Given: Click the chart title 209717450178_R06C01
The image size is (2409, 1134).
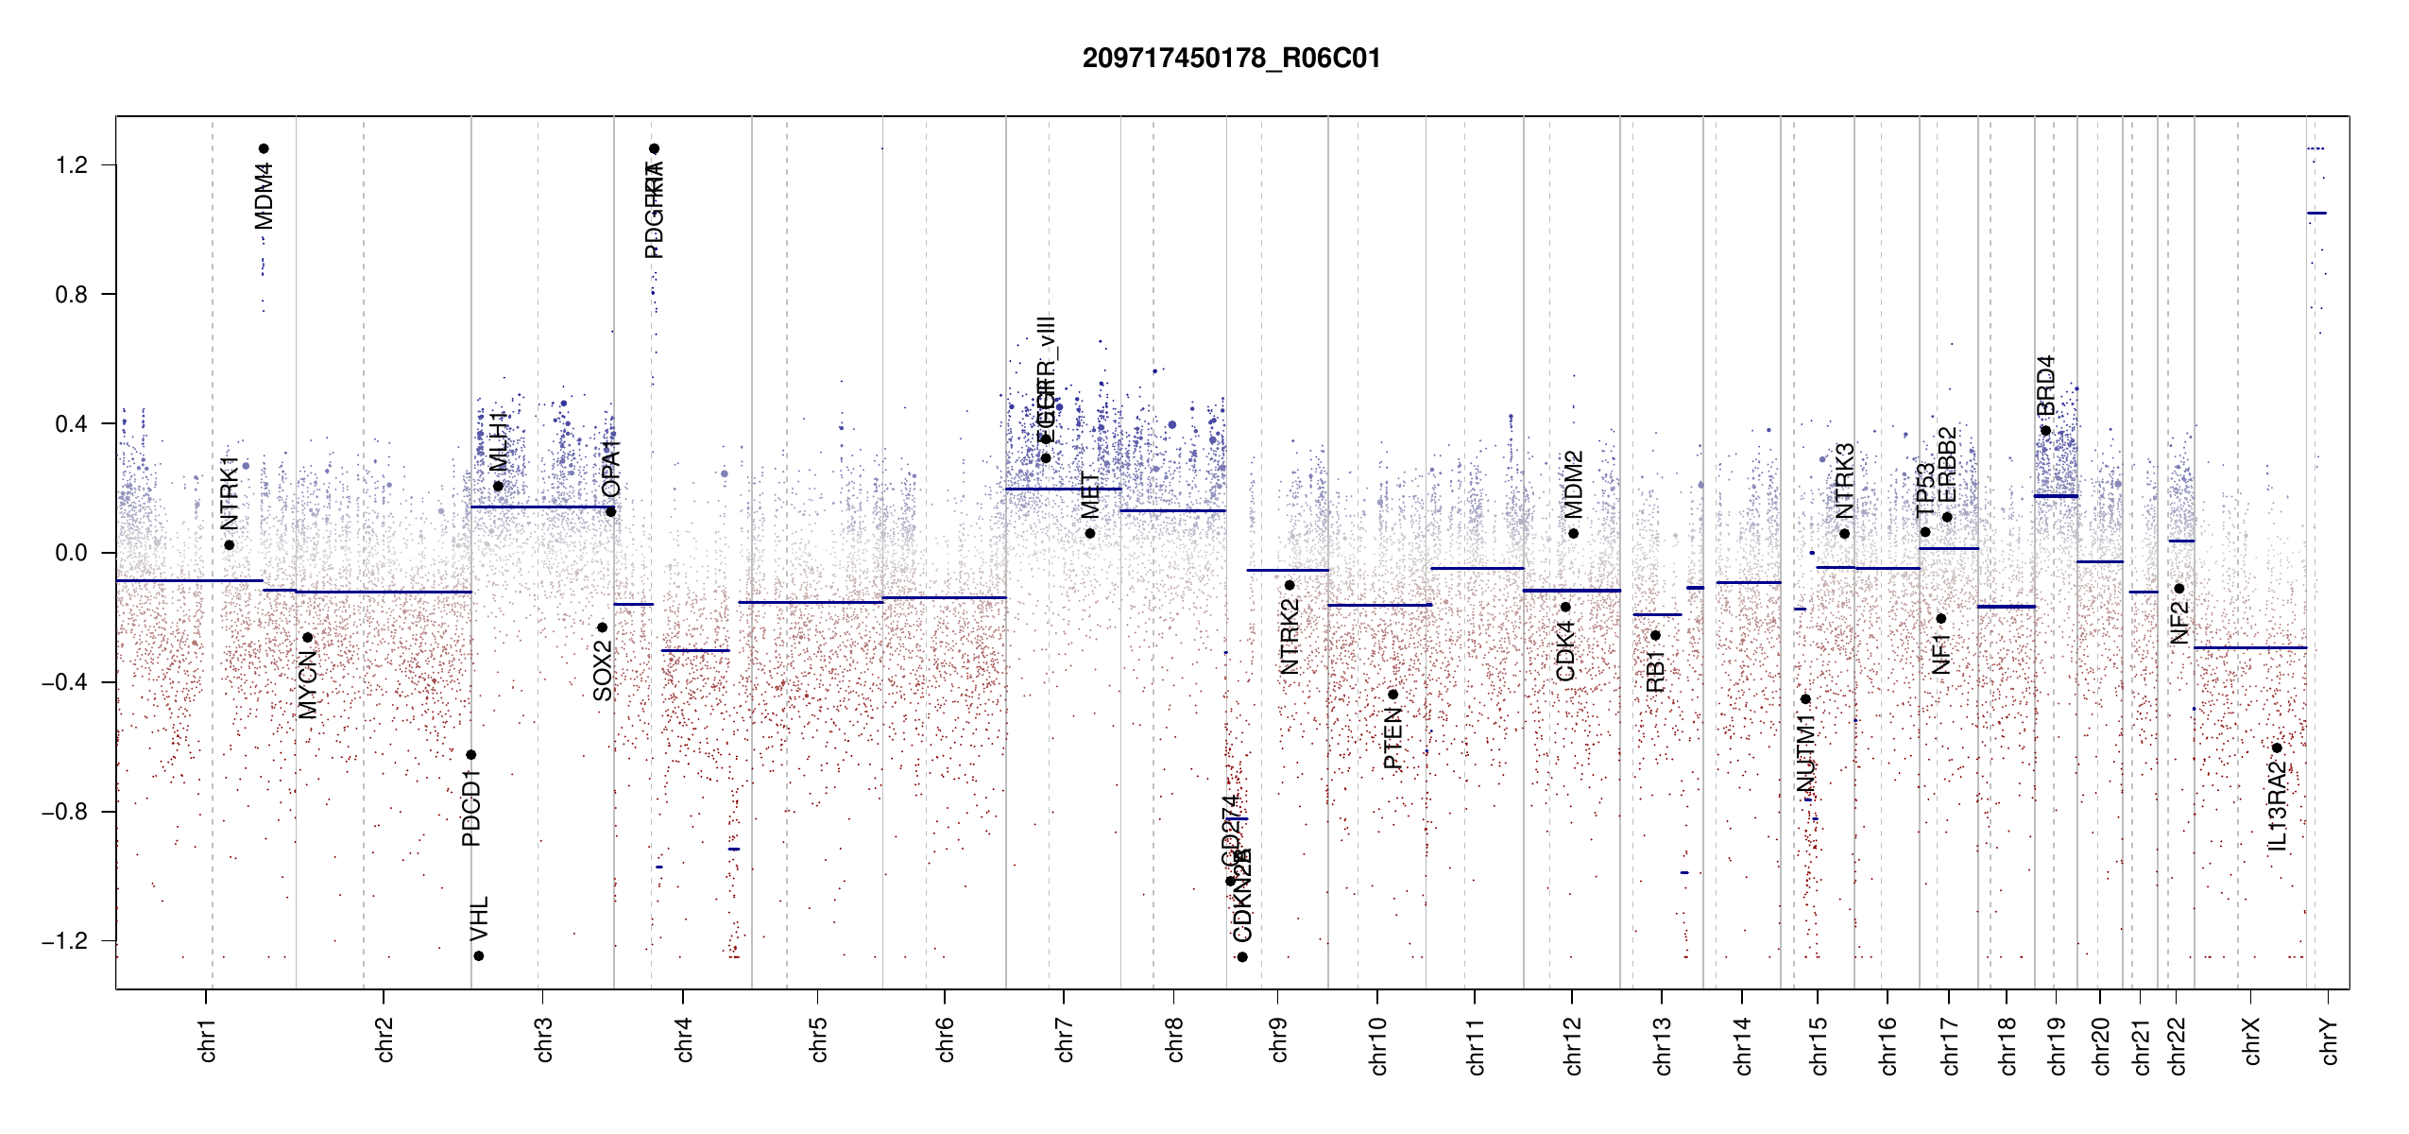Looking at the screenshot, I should pos(1231,59).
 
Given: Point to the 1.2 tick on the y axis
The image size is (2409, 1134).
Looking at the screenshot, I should pos(71,165).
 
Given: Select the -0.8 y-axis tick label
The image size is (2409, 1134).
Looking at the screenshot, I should pos(64,812).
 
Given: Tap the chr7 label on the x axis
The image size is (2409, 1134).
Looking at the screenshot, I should pos(1065,1039).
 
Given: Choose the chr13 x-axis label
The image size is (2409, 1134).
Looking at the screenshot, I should pos(1663,1045).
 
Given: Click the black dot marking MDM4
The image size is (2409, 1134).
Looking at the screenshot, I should pos(264,148).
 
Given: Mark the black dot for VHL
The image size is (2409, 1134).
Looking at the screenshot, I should pos(479,956).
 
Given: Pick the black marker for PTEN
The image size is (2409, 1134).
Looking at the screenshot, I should pos(1392,695).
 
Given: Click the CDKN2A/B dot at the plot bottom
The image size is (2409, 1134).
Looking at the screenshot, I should pos(1242,957).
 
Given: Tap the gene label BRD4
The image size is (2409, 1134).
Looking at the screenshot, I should pos(2045,386).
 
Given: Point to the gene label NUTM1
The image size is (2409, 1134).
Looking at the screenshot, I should pos(1806,753).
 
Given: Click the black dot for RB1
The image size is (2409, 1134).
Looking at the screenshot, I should pos(1655,635).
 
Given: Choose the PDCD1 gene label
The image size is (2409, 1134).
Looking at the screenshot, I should pos(471,808).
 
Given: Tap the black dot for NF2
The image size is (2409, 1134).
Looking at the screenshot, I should pos(2179,589).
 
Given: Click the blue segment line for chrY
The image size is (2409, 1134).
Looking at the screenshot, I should pos(2316,214).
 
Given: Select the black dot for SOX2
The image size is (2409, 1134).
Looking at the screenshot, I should pos(602,627).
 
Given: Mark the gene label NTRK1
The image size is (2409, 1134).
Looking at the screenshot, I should pos(230,492).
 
